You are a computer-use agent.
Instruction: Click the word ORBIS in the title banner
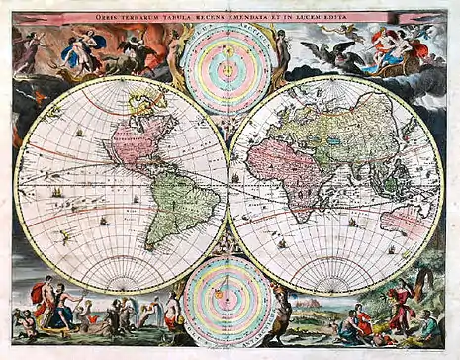(x=140, y=17)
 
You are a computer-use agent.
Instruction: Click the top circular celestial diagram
(x=230, y=66)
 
